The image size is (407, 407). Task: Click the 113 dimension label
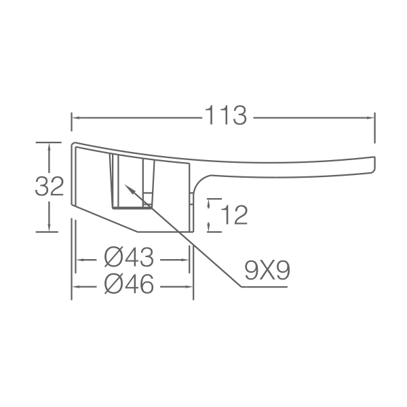pyautogui.click(x=226, y=115)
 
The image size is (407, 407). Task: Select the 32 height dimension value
pyautogui.click(x=50, y=186)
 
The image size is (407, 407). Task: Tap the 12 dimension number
pyautogui.click(x=235, y=214)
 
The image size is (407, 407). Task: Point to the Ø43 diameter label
pyautogui.click(x=129, y=257)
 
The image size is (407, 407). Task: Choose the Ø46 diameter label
pyautogui.click(x=129, y=284)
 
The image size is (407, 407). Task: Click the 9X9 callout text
pyautogui.click(x=267, y=270)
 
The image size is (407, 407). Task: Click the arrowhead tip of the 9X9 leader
pyautogui.click(x=125, y=185)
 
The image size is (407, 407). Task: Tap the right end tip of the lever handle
pyautogui.click(x=374, y=164)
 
